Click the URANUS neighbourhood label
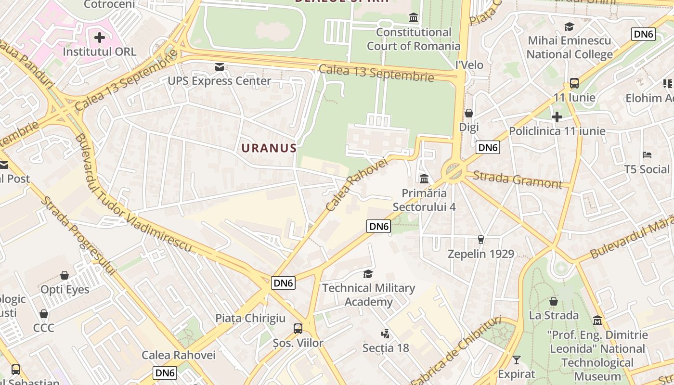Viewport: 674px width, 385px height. point(269,148)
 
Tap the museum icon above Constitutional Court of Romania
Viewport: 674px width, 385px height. point(414,18)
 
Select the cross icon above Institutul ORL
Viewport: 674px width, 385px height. point(100,38)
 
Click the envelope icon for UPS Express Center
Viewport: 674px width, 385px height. point(220,67)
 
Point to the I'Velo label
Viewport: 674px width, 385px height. point(469,64)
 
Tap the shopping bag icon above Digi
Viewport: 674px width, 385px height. point(468,113)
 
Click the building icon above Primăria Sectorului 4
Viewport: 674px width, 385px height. point(424,179)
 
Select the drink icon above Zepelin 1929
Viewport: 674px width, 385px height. point(480,239)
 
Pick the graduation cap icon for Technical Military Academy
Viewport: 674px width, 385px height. point(368,274)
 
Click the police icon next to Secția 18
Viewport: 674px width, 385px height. point(385,334)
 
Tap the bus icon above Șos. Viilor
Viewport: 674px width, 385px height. point(298,329)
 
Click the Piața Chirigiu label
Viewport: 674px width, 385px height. point(250,318)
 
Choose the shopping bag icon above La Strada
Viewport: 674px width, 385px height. point(554,301)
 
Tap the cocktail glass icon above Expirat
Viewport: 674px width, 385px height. point(517,359)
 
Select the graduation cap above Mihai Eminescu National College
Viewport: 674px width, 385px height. point(570,26)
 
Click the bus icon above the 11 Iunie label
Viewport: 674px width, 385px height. point(574,83)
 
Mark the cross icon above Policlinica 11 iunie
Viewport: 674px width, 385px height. point(557,116)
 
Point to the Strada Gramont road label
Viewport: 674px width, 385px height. point(517,180)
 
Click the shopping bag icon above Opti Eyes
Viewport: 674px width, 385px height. point(65,275)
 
